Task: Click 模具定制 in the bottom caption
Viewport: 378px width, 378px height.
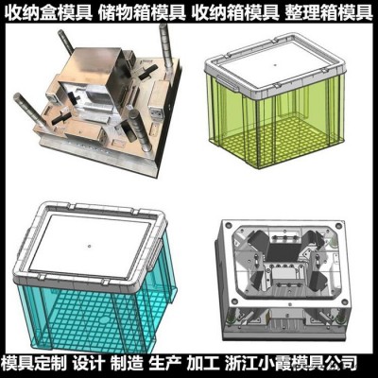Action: [x=34, y=364]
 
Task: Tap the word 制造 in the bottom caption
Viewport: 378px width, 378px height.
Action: [x=126, y=364]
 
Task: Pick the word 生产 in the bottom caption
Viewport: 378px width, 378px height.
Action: [x=164, y=364]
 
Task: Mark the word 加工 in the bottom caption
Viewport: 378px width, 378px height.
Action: [x=202, y=364]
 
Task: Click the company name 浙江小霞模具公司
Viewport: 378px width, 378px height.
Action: [x=291, y=364]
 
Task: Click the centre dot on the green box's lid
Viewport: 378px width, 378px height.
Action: [x=275, y=65]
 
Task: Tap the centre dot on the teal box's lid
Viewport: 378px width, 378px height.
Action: [x=90, y=246]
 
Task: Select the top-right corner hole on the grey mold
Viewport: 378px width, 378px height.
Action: [x=339, y=226]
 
